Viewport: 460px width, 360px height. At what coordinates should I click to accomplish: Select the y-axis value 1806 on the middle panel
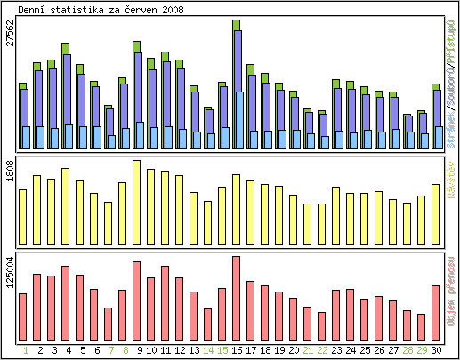[x=10, y=172]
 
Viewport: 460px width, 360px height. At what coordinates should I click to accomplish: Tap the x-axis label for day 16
[x=236, y=350]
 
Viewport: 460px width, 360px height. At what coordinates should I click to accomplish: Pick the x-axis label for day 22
[x=321, y=350]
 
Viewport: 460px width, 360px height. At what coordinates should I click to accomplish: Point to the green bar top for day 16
[x=236, y=25]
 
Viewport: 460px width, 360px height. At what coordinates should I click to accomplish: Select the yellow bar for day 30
[x=435, y=213]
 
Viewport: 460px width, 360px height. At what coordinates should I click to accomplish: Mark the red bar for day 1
[x=23, y=316]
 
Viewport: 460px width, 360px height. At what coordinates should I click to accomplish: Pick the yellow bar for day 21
[x=307, y=223]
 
